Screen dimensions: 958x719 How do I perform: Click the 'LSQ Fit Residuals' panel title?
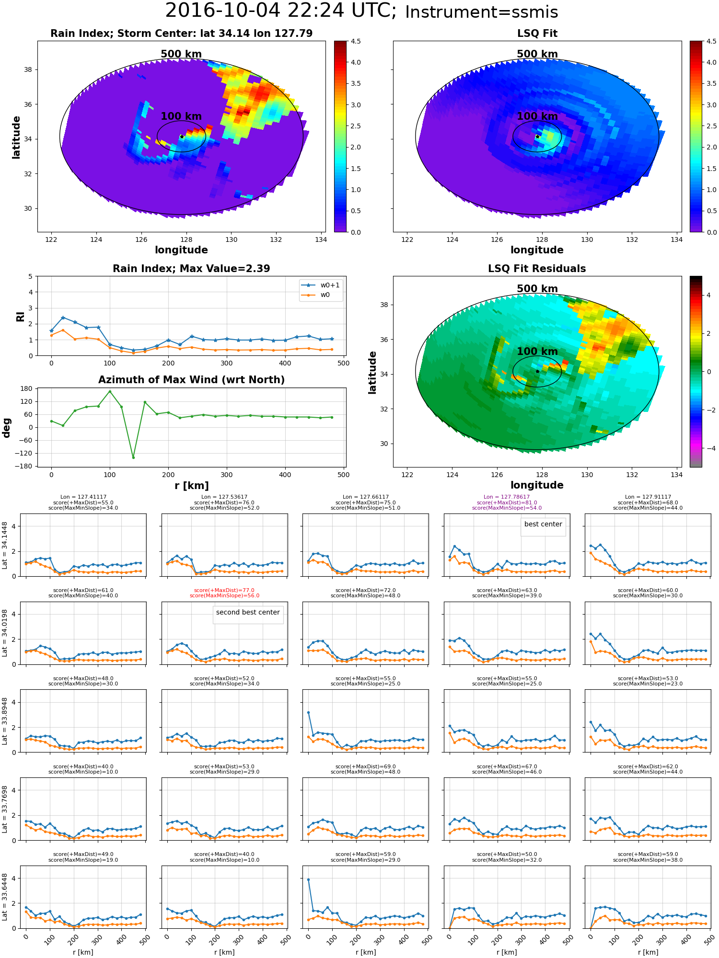click(x=537, y=269)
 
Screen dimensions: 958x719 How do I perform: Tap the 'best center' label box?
click(x=543, y=525)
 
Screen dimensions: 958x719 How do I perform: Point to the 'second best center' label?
click(x=247, y=613)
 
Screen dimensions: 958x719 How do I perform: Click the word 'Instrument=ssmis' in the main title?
click(x=481, y=12)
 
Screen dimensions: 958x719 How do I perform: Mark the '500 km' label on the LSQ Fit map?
click(x=537, y=54)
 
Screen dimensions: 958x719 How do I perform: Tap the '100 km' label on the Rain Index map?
click(x=181, y=116)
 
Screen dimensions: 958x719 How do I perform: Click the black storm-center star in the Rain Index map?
click(x=182, y=137)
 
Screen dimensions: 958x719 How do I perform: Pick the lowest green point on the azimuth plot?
click(x=133, y=457)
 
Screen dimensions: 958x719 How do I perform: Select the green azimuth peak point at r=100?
click(x=110, y=391)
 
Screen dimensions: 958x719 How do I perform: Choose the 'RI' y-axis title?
click(x=21, y=317)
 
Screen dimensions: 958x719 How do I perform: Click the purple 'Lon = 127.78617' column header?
click(x=507, y=497)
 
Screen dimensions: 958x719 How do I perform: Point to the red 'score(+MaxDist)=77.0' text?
click(x=224, y=591)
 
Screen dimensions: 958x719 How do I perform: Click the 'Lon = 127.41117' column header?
click(x=83, y=497)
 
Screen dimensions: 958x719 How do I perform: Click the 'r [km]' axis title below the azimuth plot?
click(x=191, y=486)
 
